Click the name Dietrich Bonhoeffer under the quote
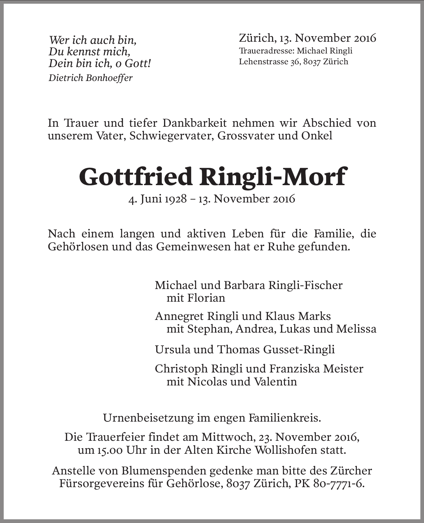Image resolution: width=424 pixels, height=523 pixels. coord(90,78)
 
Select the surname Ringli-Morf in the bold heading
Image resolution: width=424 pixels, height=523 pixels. coord(273,176)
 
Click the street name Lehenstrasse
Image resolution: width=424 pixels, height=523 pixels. coord(263,62)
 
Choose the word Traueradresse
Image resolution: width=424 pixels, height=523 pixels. coord(265,51)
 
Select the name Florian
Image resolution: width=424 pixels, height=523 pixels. coord(206,298)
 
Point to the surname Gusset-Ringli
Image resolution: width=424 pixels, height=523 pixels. coord(299,349)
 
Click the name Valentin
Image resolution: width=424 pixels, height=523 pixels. coord(275,382)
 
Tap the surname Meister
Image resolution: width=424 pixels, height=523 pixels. coord(343,369)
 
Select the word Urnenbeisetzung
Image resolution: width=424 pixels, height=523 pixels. coord(148,418)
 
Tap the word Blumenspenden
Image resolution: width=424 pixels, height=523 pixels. coord(163,471)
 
